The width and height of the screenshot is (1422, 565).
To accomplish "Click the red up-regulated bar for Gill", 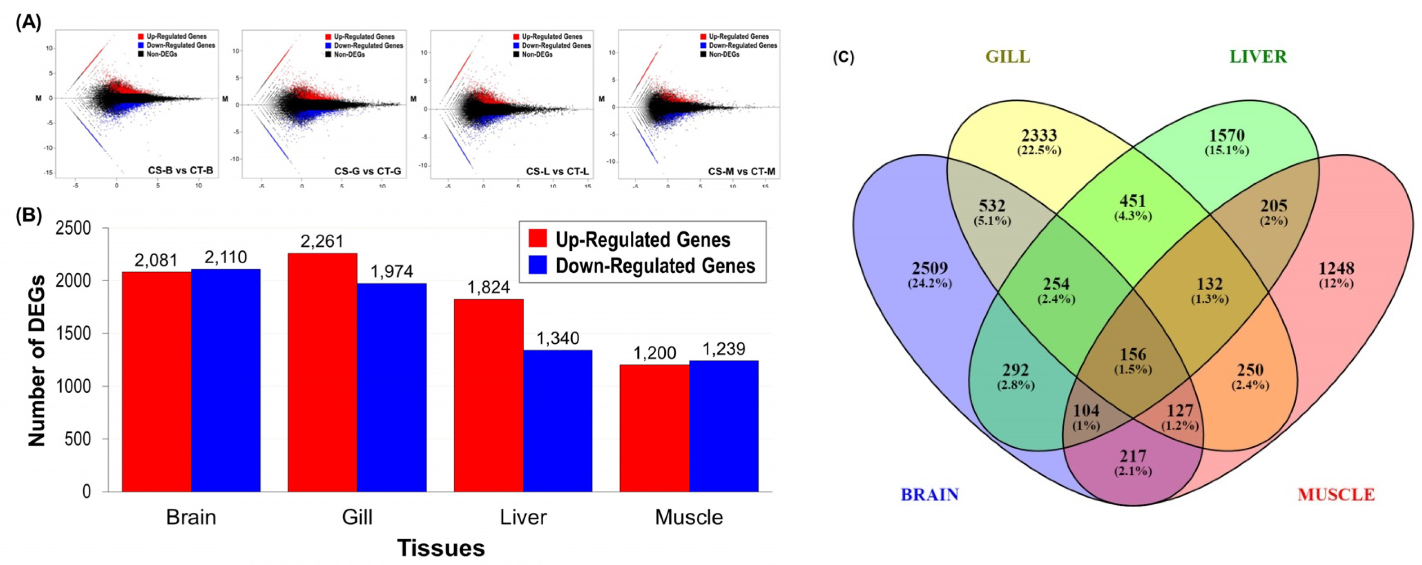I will pos(322,372).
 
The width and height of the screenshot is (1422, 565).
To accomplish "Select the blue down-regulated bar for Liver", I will pos(558,420).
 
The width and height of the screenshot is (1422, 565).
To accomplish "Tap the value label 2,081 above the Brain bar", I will pos(156,260).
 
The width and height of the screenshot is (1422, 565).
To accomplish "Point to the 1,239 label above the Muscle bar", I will pos(724,349).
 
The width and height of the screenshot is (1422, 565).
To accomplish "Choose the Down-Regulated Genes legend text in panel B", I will pos(655,266).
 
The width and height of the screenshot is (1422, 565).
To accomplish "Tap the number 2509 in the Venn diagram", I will pos(930,268).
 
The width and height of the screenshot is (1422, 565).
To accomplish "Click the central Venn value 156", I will pos(1133,354).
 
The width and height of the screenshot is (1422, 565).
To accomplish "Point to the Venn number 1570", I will pos(1227,135).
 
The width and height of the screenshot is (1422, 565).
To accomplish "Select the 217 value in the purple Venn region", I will pos(1133,456).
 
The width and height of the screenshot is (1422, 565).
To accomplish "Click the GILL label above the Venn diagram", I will pos(1008,57).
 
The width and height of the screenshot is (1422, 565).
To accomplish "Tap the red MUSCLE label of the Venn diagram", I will pos(1336,494).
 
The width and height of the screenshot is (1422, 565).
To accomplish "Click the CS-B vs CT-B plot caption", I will pos(180,171).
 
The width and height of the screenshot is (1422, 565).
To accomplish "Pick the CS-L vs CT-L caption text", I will pos(557,171).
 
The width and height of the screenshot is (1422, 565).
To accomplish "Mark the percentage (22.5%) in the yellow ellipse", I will pos(1039,151).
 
